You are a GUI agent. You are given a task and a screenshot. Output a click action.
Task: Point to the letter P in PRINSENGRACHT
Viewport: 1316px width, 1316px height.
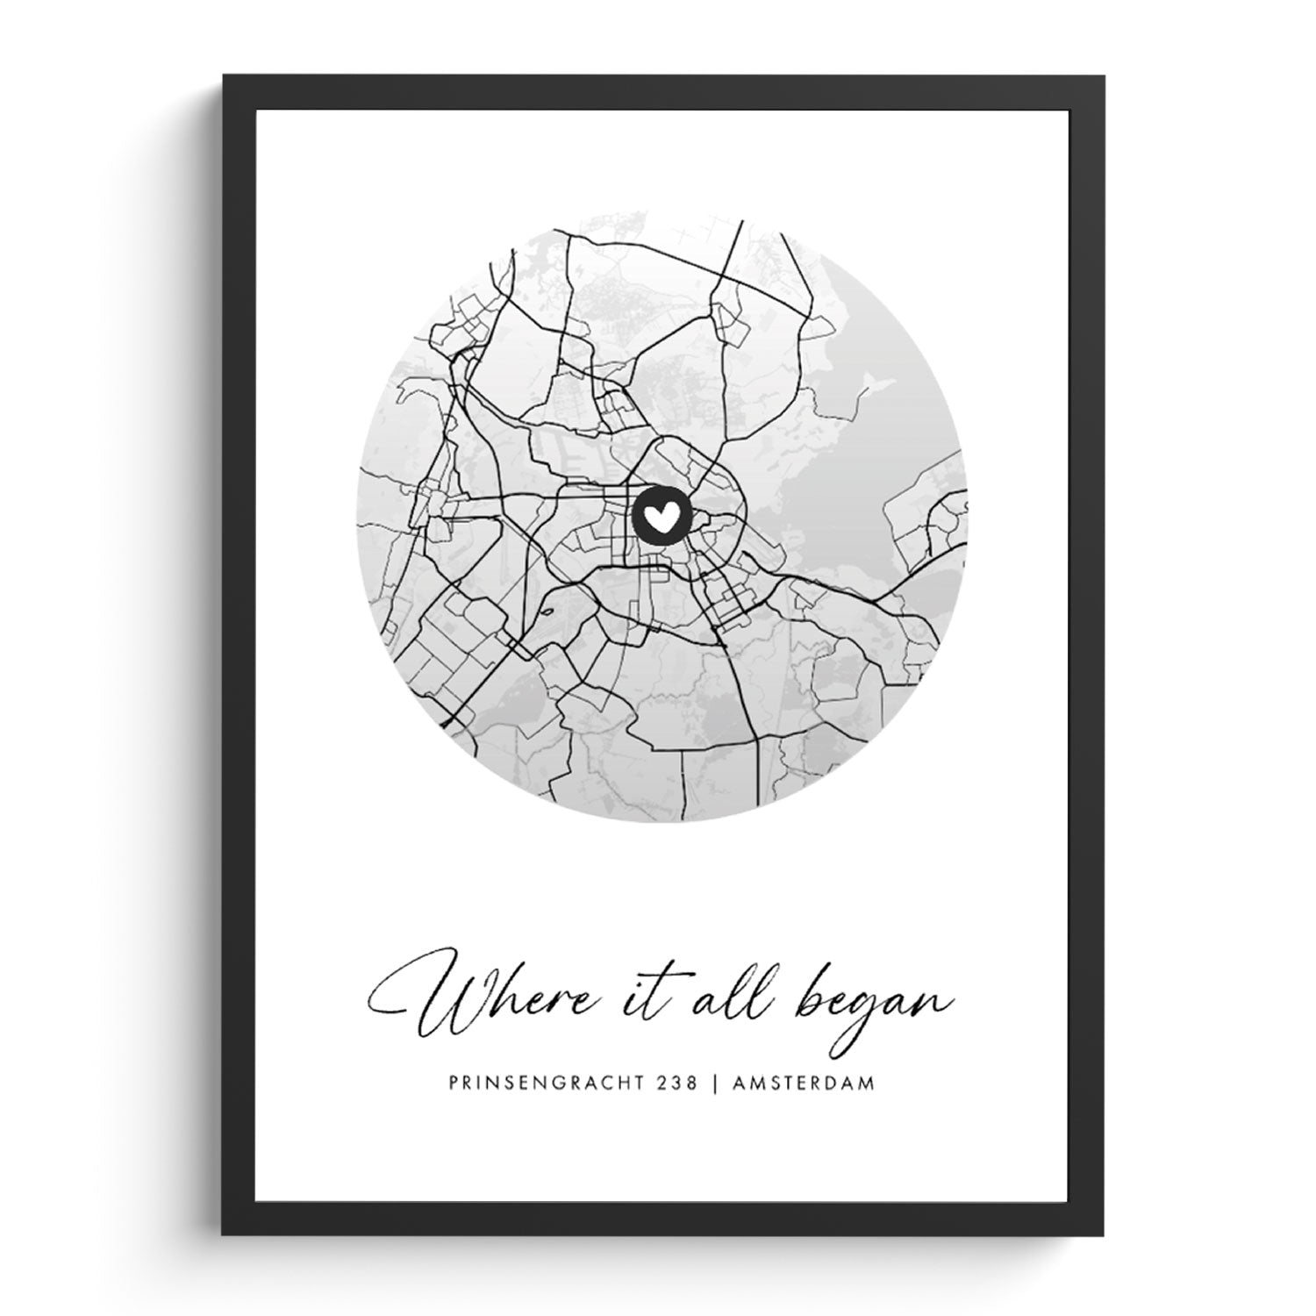[453, 1084]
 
